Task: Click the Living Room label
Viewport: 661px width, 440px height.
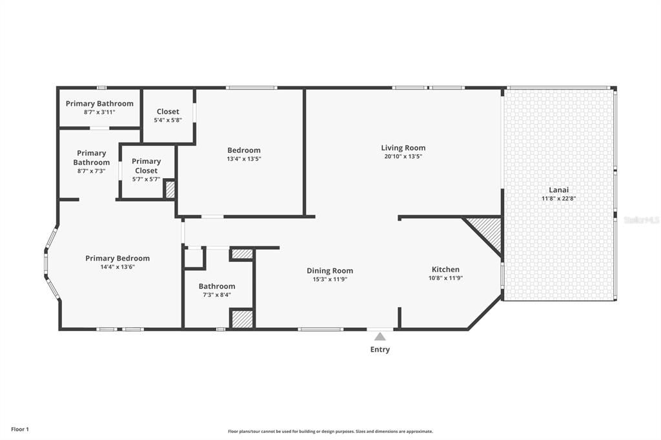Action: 403,148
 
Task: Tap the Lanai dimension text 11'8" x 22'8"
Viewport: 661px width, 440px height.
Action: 558,199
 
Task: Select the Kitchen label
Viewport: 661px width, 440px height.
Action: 445,269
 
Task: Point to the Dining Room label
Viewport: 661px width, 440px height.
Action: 329,270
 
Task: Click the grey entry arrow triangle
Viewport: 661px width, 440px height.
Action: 380,336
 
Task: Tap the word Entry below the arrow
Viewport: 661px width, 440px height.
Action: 380,350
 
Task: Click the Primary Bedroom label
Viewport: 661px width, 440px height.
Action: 117,258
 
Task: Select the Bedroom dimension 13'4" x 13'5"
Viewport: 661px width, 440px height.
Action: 243,159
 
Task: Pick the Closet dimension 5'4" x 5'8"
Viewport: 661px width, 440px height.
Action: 168,120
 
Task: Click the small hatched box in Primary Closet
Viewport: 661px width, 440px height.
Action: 170,190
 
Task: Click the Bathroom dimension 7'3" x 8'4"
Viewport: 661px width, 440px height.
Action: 216,295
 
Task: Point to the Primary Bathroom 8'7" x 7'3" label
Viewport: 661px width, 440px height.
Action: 91,157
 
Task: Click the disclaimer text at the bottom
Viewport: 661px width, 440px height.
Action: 330,432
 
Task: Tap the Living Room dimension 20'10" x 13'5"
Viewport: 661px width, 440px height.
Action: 403,156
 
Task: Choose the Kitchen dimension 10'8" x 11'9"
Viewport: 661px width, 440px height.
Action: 445,278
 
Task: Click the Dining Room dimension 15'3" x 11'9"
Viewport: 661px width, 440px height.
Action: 329,279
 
